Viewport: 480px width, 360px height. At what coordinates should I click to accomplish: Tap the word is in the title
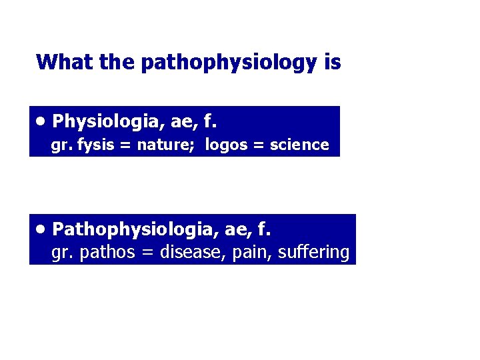click(332, 63)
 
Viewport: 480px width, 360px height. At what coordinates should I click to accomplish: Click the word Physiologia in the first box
click(117, 121)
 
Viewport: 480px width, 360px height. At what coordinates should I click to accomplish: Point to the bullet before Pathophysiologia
click(41, 229)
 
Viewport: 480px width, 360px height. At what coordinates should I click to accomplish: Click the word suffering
click(313, 253)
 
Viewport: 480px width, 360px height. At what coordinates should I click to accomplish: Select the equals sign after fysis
click(123, 145)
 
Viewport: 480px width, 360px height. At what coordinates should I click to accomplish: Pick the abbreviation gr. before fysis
click(62, 145)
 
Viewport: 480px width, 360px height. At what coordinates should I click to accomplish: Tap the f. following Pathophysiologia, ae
click(264, 229)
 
